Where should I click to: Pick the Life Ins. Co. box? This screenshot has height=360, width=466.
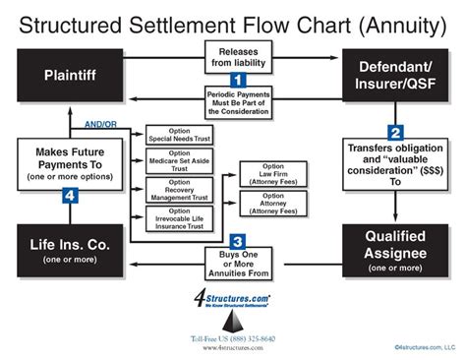click(x=69, y=249)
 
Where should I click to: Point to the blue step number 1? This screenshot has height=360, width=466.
click(x=236, y=77)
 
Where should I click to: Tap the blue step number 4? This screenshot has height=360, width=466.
click(x=70, y=197)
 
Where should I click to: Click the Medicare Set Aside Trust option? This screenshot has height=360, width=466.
click(x=178, y=162)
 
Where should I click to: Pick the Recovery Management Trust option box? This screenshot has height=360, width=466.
click(x=178, y=189)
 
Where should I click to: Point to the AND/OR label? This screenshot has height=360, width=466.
click(x=99, y=125)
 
